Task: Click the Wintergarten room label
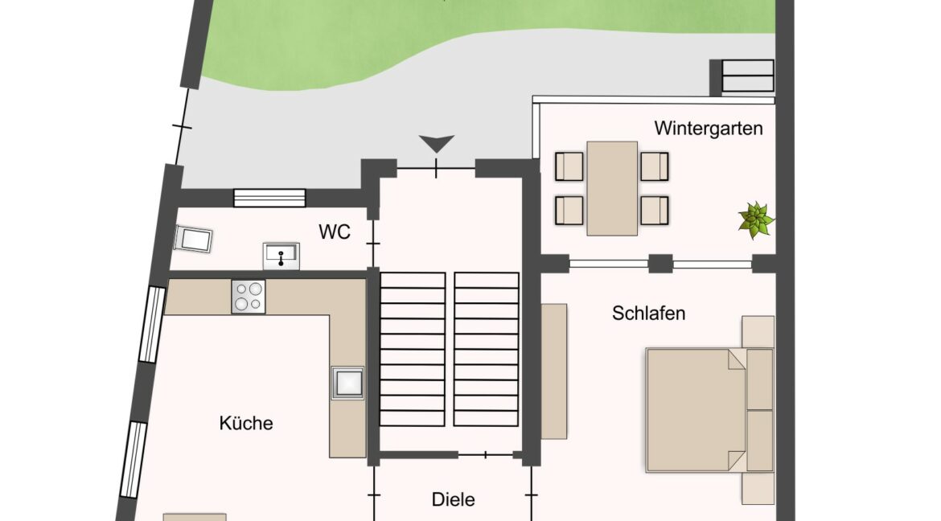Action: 708,129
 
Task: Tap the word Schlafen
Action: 648,313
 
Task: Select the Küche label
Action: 246,423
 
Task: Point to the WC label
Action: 335,232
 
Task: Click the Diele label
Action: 453,499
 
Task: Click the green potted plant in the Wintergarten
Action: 755,219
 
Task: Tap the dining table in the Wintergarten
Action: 612,188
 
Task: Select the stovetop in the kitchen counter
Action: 249,297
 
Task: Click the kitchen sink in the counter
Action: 348,383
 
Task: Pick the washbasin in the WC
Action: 281,256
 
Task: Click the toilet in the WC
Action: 193,239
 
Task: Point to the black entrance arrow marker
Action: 436,144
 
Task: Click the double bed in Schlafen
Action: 710,410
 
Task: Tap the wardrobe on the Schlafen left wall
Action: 554,371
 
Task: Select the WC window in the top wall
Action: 269,198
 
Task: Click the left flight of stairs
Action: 413,349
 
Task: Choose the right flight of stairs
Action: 486,349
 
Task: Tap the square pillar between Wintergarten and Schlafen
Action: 661,264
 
